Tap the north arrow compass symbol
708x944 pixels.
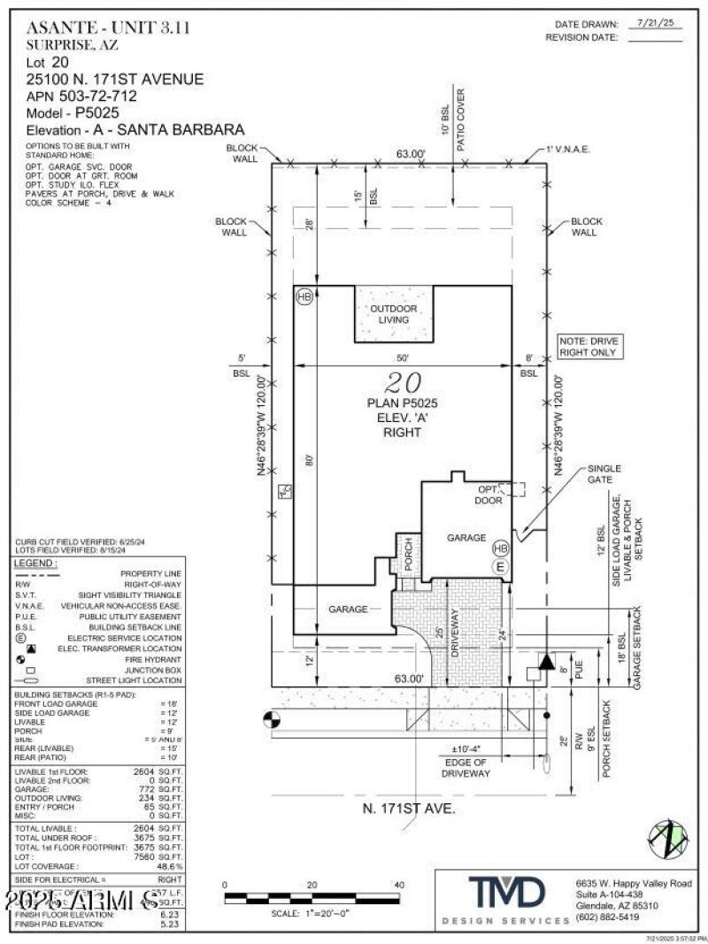click(669, 839)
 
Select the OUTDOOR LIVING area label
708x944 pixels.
click(394, 314)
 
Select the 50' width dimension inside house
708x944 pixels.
click(403, 358)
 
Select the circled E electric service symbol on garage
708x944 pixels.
click(500, 566)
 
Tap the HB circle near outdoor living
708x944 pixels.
click(304, 296)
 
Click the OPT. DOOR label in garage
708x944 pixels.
click(490, 495)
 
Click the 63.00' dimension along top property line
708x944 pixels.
click(411, 154)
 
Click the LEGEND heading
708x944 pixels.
click(36, 563)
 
